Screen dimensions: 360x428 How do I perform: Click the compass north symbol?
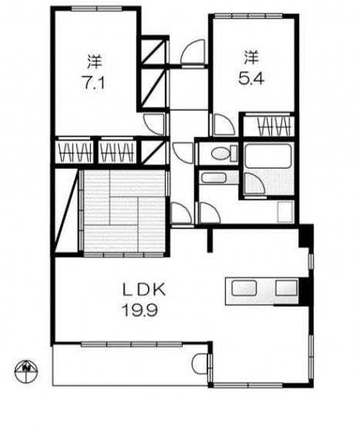coord(26,371)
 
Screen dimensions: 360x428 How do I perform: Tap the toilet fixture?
coord(224,153)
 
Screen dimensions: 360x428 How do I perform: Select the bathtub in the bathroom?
coord(267,155)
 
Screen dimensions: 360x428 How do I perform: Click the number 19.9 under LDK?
coord(140,310)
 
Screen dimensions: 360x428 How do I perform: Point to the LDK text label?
coord(144,290)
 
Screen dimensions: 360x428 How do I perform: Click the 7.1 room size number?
coord(93,83)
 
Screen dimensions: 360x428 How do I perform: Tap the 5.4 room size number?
coord(251,79)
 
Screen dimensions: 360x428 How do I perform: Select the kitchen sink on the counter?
coord(244,288)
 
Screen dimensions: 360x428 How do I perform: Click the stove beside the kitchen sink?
coord(286,288)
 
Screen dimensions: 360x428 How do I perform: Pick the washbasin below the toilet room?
coord(214,178)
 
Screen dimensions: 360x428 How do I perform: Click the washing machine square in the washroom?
coord(285,212)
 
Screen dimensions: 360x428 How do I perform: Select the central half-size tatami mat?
coord(123,211)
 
